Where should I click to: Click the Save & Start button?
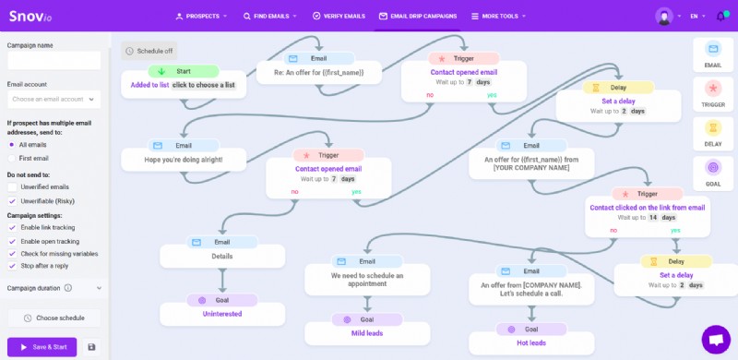(x=42, y=347)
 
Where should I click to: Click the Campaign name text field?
(x=54, y=60)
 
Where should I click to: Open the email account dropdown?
(x=54, y=99)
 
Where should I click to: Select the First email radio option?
(x=12, y=158)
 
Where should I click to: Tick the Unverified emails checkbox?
(x=12, y=187)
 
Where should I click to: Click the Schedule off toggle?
(x=149, y=51)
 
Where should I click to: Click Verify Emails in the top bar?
(x=339, y=16)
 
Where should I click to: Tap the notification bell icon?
(x=720, y=16)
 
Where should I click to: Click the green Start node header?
(x=183, y=70)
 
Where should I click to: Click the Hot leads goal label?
(x=531, y=342)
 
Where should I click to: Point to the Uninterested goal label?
(x=221, y=314)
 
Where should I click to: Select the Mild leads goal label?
(x=366, y=333)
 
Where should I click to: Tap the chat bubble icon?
(x=715, y=339)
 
